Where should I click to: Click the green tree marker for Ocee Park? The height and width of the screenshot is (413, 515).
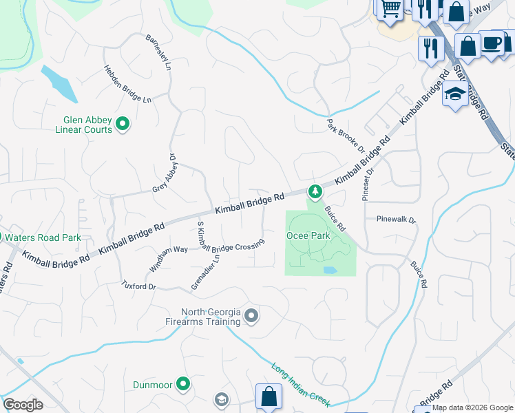coord(315,191)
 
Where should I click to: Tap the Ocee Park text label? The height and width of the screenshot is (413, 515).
coord(308,235)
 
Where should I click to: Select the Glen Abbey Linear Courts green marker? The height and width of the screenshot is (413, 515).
coord(123,124)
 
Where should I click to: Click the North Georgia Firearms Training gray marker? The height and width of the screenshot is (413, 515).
coord(251,316)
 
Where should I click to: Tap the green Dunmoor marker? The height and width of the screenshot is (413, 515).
coord(182,383)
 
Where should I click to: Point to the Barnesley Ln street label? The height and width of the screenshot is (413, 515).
coord(158,51)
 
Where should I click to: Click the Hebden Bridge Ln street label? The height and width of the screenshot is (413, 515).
coord(127,84)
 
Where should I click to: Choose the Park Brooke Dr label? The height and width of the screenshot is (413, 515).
coord(344,134)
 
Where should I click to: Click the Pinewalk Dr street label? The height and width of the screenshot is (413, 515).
coord(396,220)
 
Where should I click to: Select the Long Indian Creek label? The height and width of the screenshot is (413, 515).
coord(300,384)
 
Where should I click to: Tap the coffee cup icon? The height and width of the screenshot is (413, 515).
coord(492,43)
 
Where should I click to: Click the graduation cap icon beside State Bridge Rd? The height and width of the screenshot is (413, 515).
coord(455,95)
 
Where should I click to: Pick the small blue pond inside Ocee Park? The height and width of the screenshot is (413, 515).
coord(329,270)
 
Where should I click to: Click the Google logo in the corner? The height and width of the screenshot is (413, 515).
coord(23,405)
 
